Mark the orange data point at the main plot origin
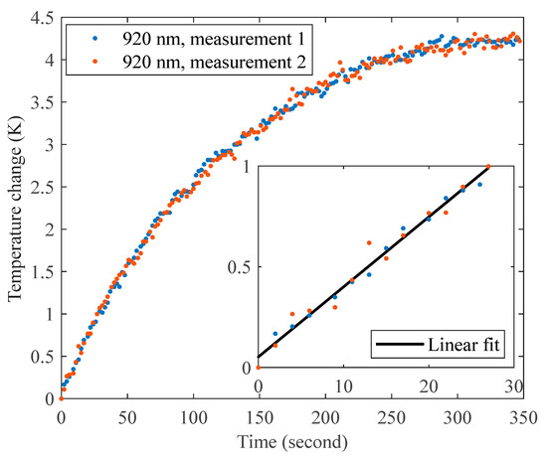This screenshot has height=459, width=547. tap(61, 398)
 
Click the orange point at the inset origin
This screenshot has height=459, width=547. tap(259, 368)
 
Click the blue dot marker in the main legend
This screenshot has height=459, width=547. tap(83, 39)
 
